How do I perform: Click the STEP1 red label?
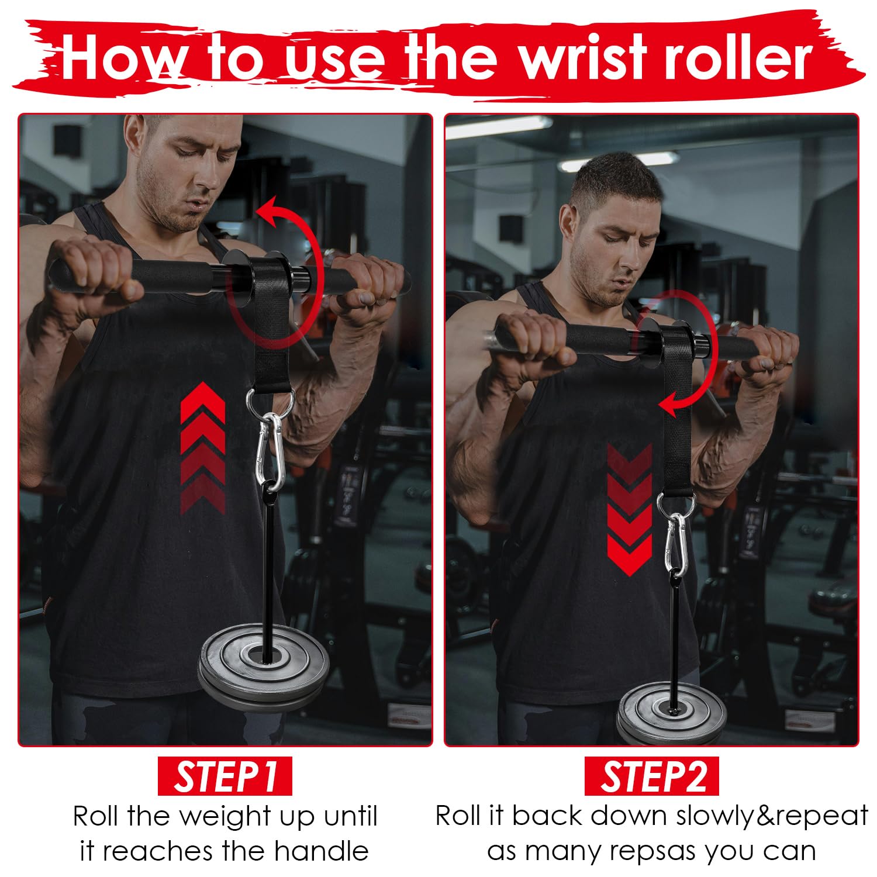tap(225, 776)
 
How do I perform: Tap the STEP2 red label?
tap(652, 776)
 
